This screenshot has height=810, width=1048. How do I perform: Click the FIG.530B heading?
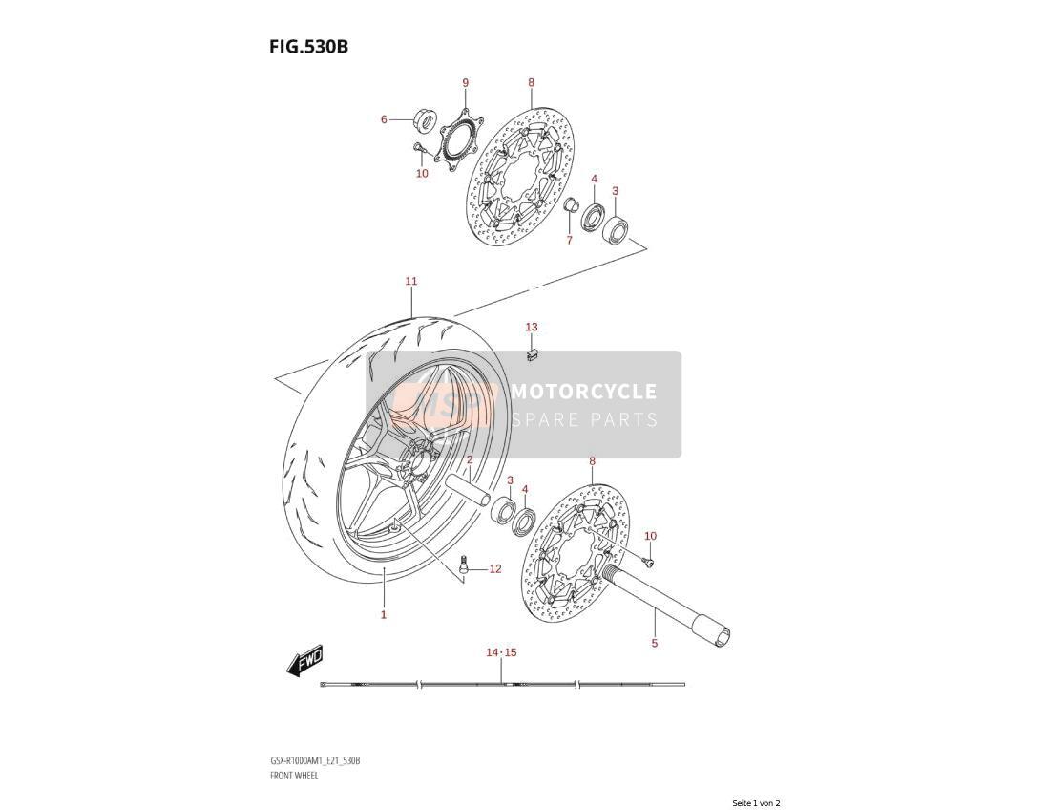coord(309,47)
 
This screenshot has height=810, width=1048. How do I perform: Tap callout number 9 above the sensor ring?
coord(465,83)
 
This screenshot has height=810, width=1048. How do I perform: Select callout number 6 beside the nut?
coord(384,119)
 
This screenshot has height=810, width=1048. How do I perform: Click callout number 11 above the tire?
coord(411,281)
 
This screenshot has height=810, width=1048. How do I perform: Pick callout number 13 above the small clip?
coord(532,327)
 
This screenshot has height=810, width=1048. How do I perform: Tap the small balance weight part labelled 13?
coord(532,354)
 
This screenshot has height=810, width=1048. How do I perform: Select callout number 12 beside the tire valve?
coord(494,569)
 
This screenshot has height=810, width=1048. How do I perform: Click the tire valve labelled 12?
coord(462,564)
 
